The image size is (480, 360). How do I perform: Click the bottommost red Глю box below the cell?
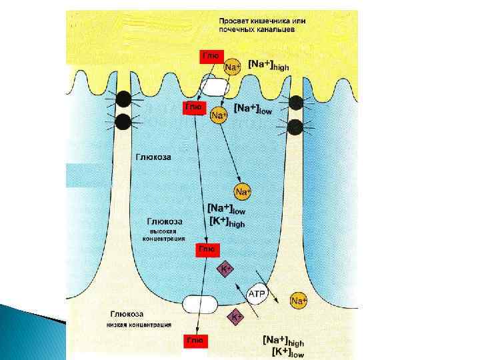[x=195, y=341]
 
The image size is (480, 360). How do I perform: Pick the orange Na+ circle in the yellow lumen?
[x=231, y=67]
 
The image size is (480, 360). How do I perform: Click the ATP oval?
[x=257, y=294]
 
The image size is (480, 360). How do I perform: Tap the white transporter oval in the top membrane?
[x=214, y=86]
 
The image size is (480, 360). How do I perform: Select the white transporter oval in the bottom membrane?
[x=200, y=305]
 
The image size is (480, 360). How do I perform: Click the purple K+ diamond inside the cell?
[x=226, y=269]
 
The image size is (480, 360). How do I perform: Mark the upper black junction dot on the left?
[x=123, y=100]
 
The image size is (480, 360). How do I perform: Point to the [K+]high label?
[x=227, y=223]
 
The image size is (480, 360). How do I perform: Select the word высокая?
[x=163, y=231]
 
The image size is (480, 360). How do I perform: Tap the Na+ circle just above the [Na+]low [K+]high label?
[x=243, y=192]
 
